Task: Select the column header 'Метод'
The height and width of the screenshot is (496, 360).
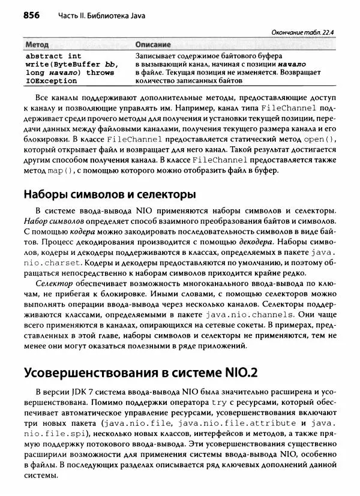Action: pos(38,45)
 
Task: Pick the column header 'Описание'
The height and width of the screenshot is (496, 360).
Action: pos(152,45)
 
